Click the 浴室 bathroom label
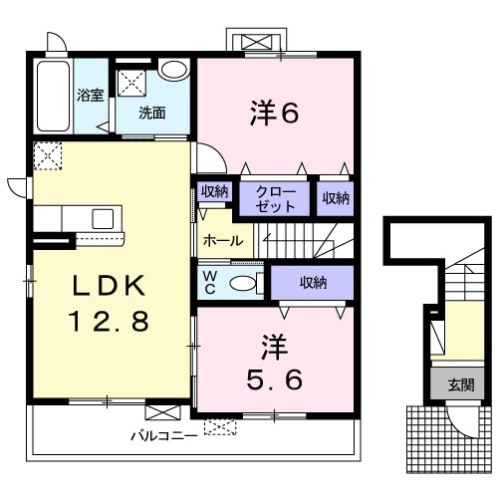coord(92,97)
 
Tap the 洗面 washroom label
coord(152,113)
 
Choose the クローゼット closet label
coord(275,198)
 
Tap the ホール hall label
coord(220,241)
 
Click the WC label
coord(211,282)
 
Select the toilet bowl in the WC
coord(244,283)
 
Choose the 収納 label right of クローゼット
coord(336,198)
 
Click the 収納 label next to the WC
coord(313,283)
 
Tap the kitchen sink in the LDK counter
coord(104,218)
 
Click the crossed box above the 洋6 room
coord(258,41)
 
